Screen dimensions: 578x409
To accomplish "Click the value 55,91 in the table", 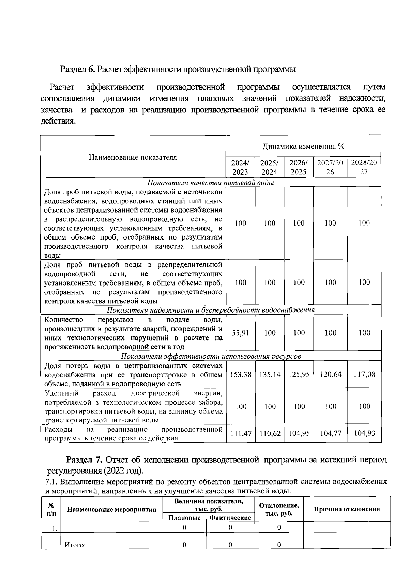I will click(x=241, y=333).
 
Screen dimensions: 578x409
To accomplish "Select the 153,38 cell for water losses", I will click(x=241, y=375).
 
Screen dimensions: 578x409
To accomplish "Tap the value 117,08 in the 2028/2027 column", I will click(x=364, y=375).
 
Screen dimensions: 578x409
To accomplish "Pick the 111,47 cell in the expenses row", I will click(x=241, y=434).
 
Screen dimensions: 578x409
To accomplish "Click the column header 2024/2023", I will click(x=240, y=167).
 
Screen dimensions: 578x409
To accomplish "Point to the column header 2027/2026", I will click(x=330, y=167).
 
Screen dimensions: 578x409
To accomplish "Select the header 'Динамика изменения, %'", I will click(x=303, y=147).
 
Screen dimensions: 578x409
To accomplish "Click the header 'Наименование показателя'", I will click(x=133, y=157).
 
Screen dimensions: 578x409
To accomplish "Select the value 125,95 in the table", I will click(x=299, y=375).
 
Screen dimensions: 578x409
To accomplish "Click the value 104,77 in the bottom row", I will click(x=330, y=434).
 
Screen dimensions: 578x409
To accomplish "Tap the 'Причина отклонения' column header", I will click(x=347, y=509).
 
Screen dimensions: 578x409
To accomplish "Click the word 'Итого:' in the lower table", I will click(x=75, y=545).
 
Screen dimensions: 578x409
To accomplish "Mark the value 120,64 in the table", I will click(x=330, y=375).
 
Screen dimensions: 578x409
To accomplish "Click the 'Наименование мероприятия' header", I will click(x=112, y=510).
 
